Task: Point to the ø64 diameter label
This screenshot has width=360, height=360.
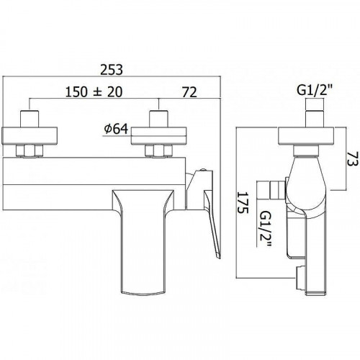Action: pyautogui.click(x=118, y=130)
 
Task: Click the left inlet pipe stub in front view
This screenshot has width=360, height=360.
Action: pyautogui.click(x=30, y=118)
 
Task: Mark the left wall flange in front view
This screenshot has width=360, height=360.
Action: pyautogui.click(x=30, y=135)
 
